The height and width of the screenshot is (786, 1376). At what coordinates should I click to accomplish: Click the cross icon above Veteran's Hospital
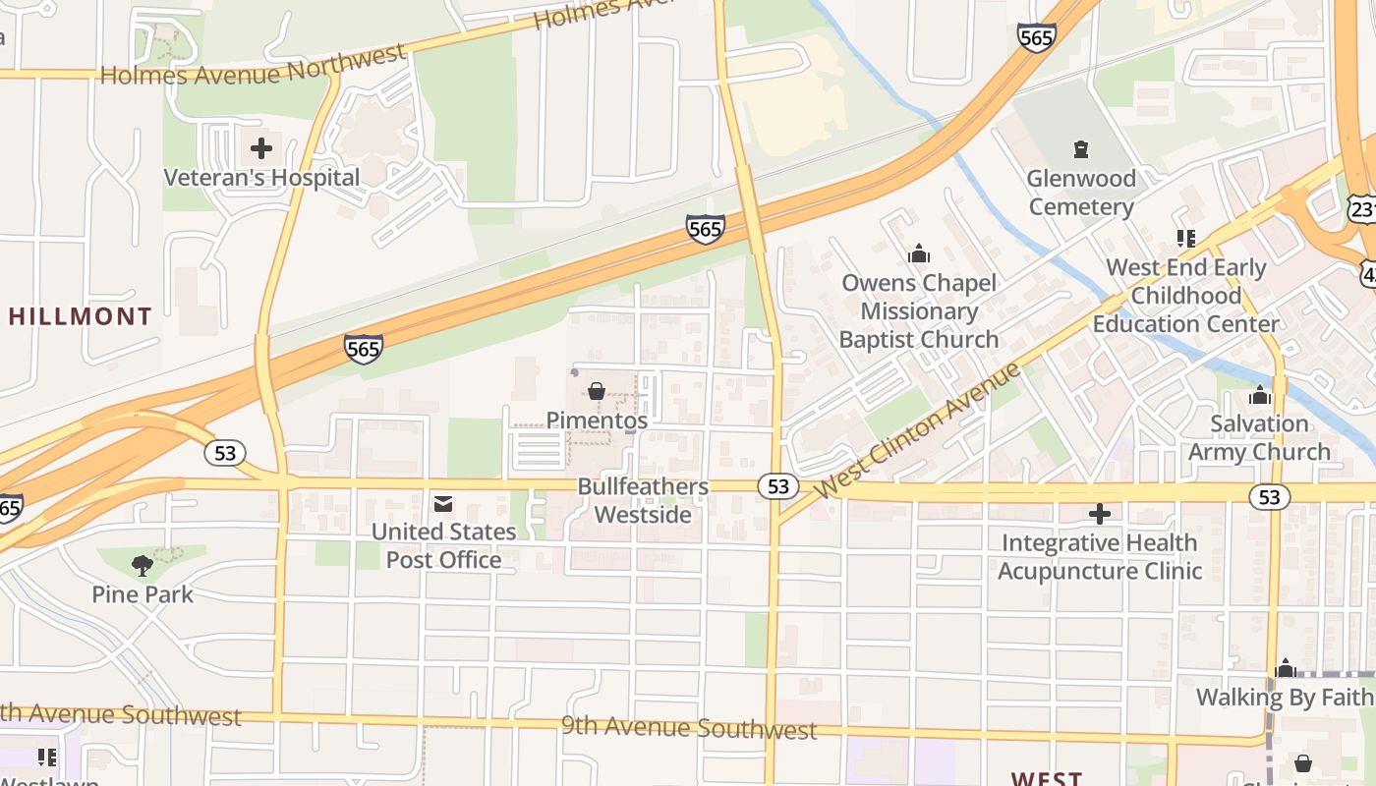point(261,148)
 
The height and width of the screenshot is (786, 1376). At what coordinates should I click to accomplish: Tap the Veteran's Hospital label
point(261,178)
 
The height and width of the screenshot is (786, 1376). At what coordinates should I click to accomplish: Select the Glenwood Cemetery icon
point(1081,149)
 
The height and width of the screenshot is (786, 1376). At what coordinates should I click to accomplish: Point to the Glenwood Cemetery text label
point(1081,193)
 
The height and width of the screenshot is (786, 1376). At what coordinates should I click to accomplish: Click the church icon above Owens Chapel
point(919,253)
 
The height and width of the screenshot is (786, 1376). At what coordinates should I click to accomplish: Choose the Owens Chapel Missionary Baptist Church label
point(919,311)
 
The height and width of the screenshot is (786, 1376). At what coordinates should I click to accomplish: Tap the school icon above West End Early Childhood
point(1186,238)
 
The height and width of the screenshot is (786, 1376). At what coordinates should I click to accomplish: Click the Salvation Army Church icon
point(1259,396)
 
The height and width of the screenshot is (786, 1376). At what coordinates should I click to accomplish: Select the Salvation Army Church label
point(1259,438)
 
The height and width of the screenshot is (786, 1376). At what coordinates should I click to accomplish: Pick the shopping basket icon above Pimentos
point(596,391)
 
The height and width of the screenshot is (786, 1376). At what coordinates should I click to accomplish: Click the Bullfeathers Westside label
point(643,500)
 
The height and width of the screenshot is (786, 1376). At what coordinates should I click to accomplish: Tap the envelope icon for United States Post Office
point(443,504)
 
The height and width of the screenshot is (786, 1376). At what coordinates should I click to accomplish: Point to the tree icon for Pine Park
point(143,565)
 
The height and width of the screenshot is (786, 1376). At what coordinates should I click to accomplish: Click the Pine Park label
point(143,594)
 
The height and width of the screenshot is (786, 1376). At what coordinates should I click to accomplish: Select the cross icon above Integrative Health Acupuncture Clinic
point(1100,513)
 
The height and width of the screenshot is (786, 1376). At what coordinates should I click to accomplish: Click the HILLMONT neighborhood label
point(81,316)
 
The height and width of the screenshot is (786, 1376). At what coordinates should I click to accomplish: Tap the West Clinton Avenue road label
point(920,429)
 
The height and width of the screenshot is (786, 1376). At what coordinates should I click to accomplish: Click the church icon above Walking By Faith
point(1286,669)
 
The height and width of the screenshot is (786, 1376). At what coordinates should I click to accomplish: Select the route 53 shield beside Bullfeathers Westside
point(777,485)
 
